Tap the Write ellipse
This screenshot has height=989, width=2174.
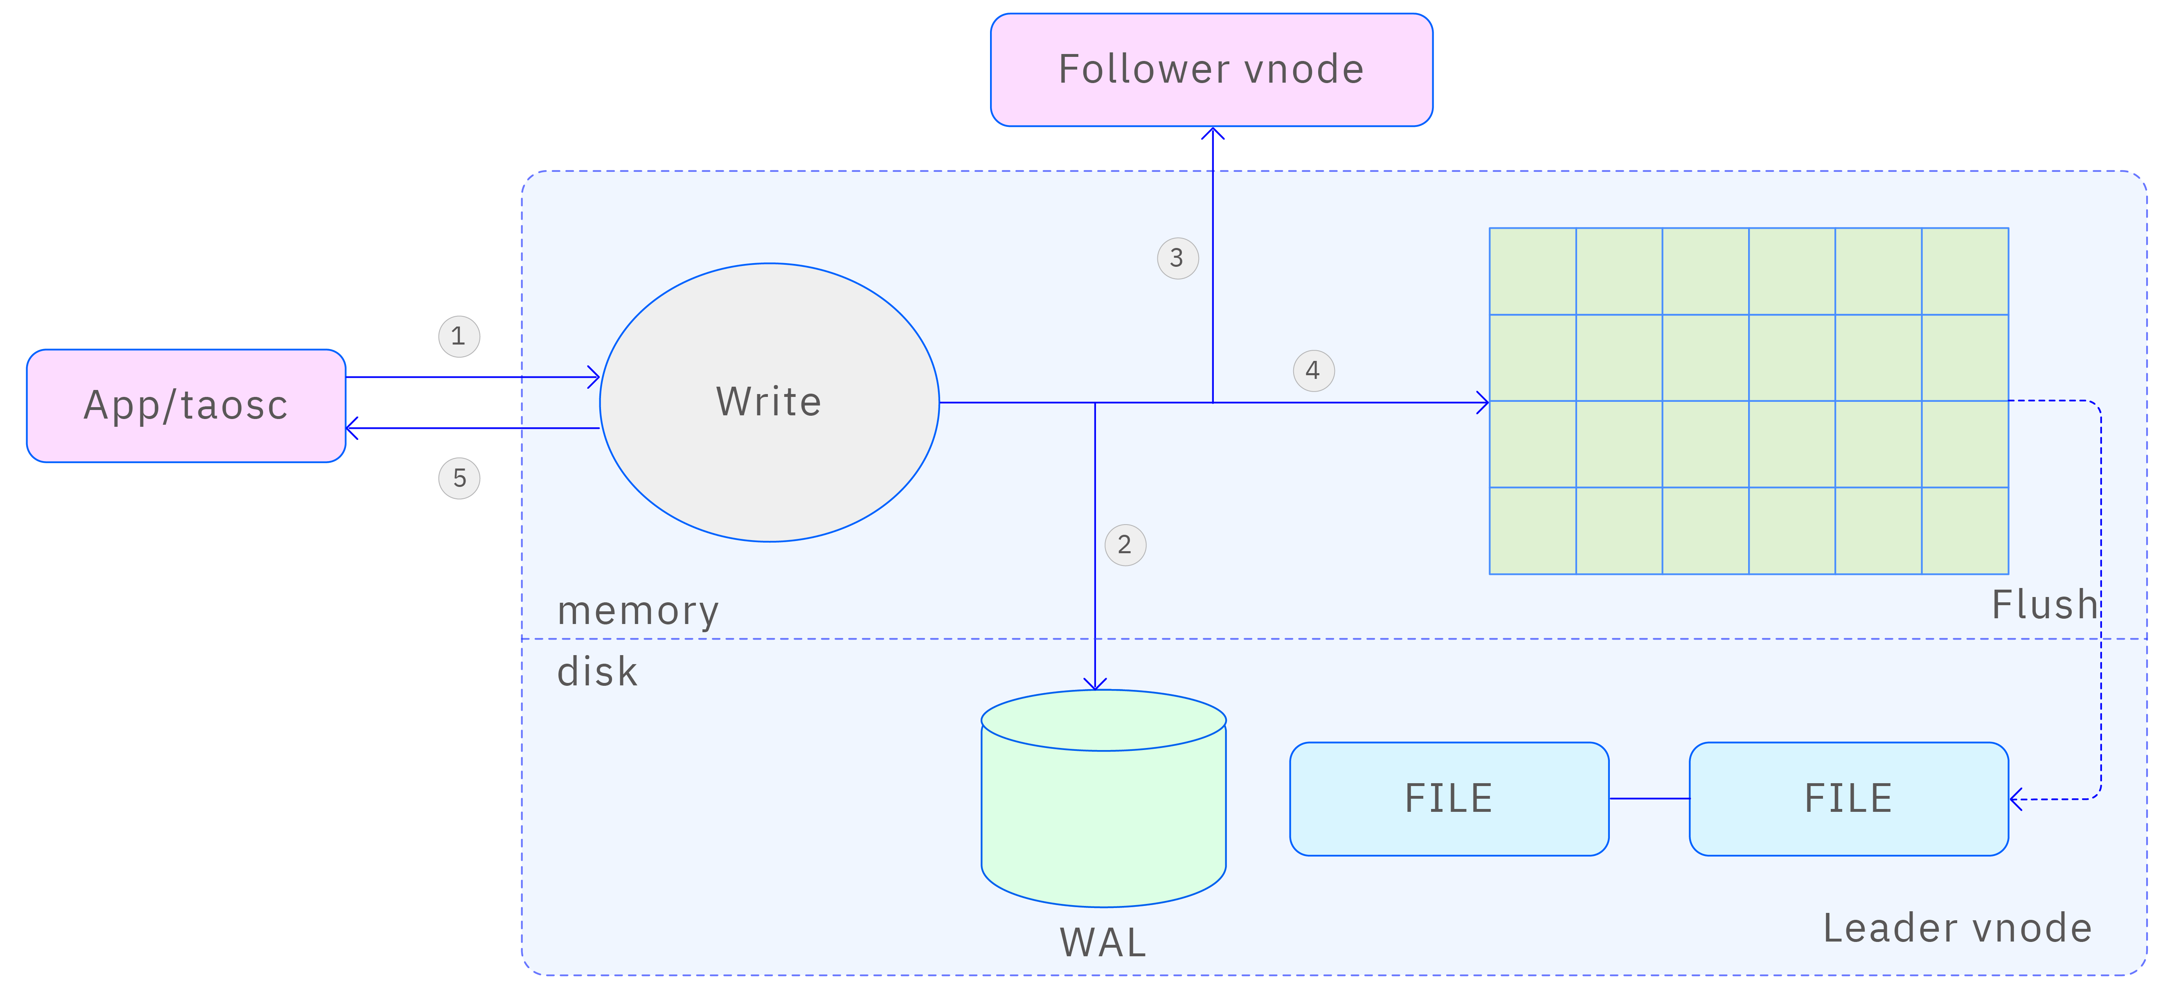(769, 403)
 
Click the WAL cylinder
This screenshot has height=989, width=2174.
(1103, 810)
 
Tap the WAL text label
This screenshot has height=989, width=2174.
(1103, 943)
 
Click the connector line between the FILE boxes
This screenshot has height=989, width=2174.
(1649, 798)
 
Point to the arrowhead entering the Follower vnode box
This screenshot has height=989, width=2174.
(1213, 133)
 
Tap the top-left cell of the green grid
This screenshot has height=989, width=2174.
(1533, 271)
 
